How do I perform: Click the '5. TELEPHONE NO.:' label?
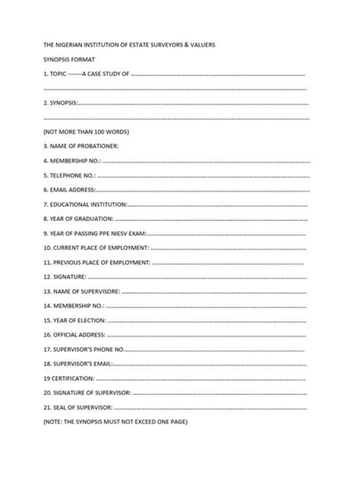coord(69,176)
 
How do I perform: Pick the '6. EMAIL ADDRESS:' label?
coord(69,190)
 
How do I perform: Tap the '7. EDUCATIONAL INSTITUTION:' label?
coord(85,204)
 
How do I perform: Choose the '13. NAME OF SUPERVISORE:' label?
coord(81,291)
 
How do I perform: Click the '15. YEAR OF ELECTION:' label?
coord(74,320)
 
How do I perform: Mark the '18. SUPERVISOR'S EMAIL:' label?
coord(78,364)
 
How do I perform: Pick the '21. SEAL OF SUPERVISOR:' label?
coord(78,407)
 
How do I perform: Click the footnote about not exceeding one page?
coord(115,422)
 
